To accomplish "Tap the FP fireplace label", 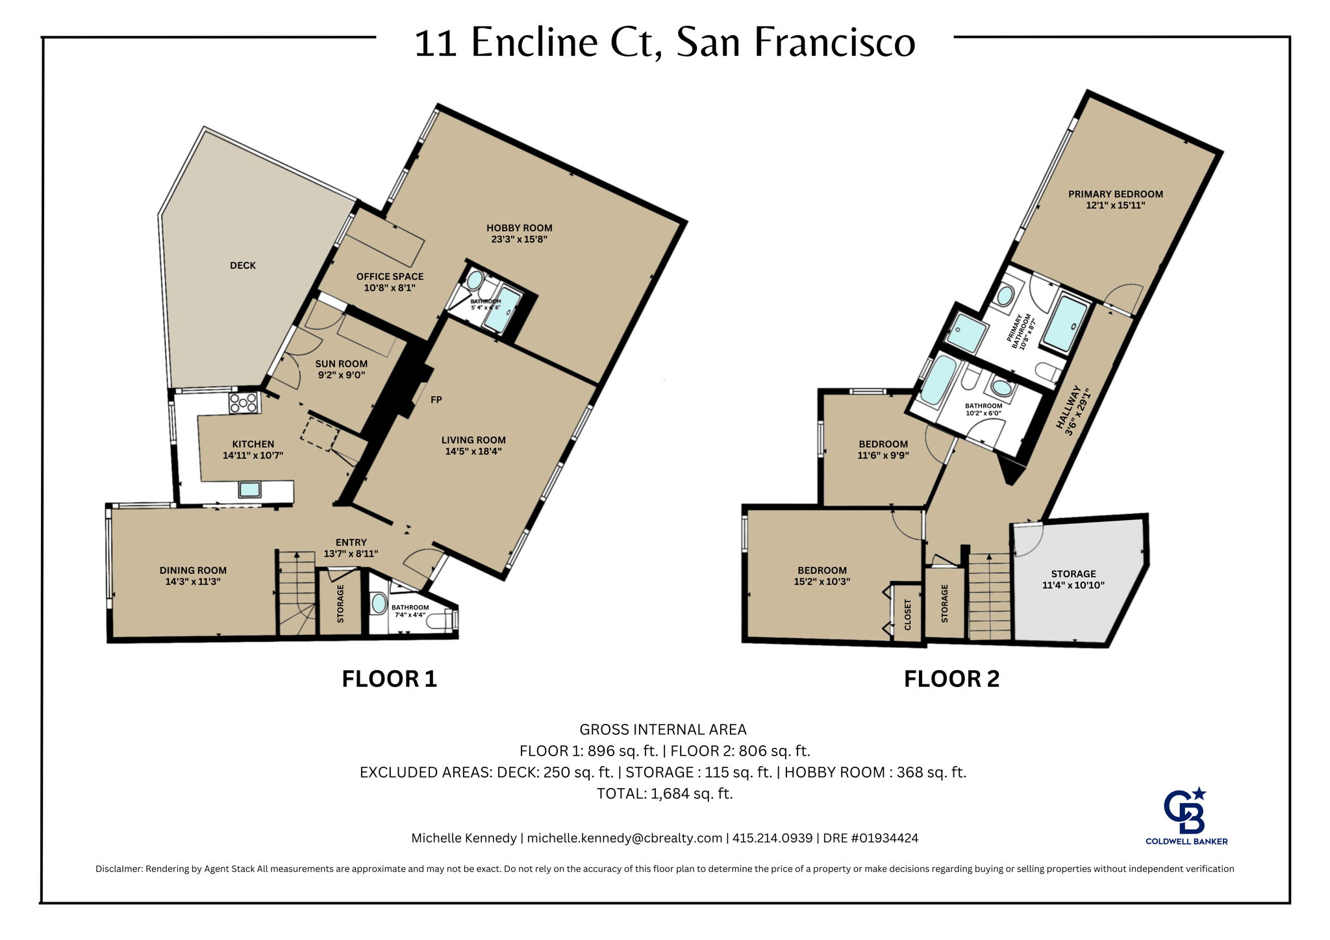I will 436,400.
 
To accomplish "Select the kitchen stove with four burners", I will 244,403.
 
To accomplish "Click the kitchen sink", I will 249,489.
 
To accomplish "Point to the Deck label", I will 243,266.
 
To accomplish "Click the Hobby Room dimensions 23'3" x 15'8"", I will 520,239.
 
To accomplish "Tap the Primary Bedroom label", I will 1115,194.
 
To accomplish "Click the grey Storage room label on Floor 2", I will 1073,574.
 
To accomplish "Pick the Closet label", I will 908,614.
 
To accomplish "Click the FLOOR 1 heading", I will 389,679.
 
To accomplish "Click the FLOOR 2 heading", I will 951,679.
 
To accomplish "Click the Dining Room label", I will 193,571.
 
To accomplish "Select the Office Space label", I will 390,277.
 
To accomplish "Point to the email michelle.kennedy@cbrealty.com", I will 624,838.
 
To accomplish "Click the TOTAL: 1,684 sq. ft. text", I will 664,793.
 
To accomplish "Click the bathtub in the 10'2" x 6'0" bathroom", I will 936,383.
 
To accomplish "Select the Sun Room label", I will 341,364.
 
